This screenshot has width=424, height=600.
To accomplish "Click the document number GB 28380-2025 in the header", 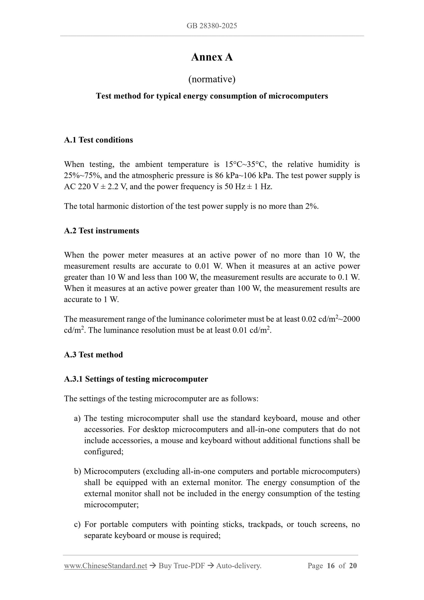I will coord(212,26).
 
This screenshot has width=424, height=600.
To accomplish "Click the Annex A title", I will coord(212,57).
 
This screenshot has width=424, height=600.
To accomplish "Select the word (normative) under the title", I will coord(212,79).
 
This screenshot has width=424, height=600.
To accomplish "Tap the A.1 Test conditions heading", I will coord(98,140).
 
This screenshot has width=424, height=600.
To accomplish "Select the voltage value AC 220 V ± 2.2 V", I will coord(95,187).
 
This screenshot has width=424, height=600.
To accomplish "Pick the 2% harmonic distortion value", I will coord(311,206).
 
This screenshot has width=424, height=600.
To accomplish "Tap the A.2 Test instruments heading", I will coord(102,231).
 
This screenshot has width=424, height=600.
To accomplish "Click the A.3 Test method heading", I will coord(93,355).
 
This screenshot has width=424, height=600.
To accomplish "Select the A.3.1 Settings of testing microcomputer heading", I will coord(136,379).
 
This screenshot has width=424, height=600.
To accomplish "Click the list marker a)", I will coord(77,418).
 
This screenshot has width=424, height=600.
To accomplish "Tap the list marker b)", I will coord(77,471).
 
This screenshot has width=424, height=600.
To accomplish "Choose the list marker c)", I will coord(77,524).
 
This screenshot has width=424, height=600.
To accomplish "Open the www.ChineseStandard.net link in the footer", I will coord(105,566).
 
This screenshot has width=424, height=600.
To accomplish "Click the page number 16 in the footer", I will coord(330,566).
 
